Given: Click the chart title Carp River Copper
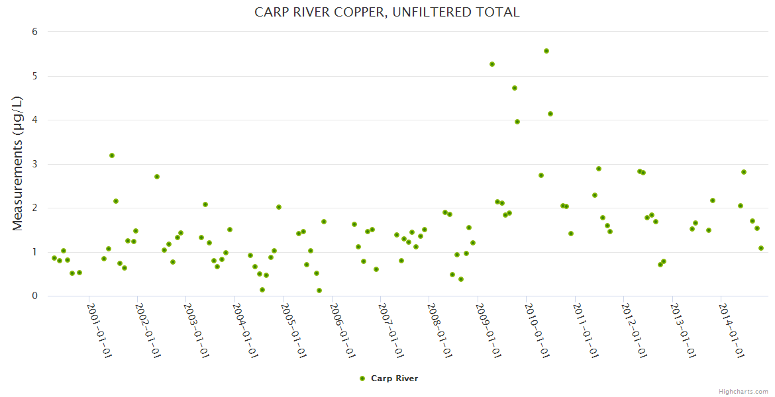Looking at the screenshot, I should pos(387,13).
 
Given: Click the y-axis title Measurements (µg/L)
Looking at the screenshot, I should pos(18,163).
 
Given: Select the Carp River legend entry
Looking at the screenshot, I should pos(389,378).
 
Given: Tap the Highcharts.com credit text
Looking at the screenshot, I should pos(743,391).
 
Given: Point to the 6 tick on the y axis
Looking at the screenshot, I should pos(35,32).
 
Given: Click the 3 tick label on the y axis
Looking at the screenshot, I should pos(35,164).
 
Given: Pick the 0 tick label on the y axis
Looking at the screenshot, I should pos(35,296).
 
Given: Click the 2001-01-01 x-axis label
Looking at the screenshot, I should pos(100,330).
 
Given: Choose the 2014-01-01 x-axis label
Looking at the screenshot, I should pos(733,330).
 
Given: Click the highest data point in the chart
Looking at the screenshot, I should pos(546,51).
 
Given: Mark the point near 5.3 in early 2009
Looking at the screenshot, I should pos(492,64).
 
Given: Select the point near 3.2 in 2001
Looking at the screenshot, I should pos(112,155).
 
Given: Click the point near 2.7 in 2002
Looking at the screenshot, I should pos(157,177).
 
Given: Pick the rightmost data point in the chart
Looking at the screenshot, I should pos(761,248).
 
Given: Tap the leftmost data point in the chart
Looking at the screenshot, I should pos(54,258).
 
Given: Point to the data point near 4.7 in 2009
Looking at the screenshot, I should pos(515,88).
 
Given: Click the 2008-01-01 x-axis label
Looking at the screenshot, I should pos(440,330).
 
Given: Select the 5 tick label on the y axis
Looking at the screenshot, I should pos(35,76).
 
